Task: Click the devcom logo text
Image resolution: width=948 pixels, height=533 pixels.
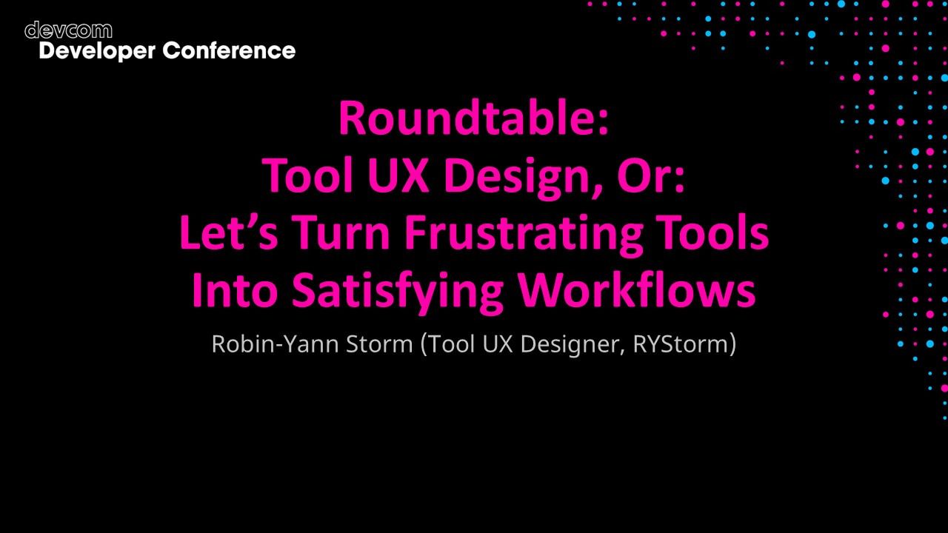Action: click(x=68, y=30)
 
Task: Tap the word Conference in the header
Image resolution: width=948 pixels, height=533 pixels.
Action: click(x=229, y=50)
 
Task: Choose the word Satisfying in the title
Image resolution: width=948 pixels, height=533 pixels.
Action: click(x=397, y=292)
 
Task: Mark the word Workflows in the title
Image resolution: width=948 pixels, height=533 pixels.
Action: click(x=636, y=291)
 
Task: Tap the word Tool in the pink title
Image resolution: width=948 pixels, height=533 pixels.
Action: click(x=304, y=175)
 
